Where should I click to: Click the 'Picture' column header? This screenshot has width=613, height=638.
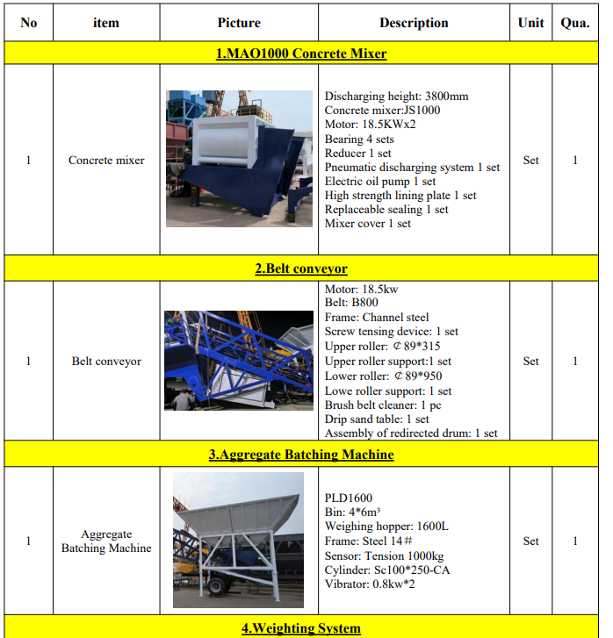[239, 23]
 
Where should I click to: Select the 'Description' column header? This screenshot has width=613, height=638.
[414, 23]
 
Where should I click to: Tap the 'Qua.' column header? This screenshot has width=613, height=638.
[575, 23]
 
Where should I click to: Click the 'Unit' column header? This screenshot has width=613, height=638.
[530, 23]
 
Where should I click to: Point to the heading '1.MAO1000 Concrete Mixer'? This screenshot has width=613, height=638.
[301, 54]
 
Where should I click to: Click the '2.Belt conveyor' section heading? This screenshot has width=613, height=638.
[301, 269]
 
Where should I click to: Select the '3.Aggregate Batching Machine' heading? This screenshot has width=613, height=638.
[301, 455]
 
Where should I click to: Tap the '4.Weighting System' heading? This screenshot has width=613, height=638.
[301, 628]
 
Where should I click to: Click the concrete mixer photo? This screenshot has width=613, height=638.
[239, 159]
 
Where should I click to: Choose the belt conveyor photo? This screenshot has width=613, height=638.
[239, 361]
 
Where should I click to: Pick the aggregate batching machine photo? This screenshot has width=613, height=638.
[238, 540]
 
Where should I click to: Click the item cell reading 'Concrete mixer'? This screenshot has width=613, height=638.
[106, 161]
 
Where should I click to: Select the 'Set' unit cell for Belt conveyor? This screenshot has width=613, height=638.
[530, 361]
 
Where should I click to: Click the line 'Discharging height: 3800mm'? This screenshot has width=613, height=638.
[396, 97]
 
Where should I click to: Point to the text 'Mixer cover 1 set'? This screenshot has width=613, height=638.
[367, 224]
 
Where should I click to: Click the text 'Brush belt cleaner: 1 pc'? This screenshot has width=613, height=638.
[382, 405]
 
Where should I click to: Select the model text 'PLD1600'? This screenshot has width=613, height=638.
[349, 498]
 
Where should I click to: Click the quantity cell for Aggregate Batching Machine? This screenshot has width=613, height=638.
[575, 541]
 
